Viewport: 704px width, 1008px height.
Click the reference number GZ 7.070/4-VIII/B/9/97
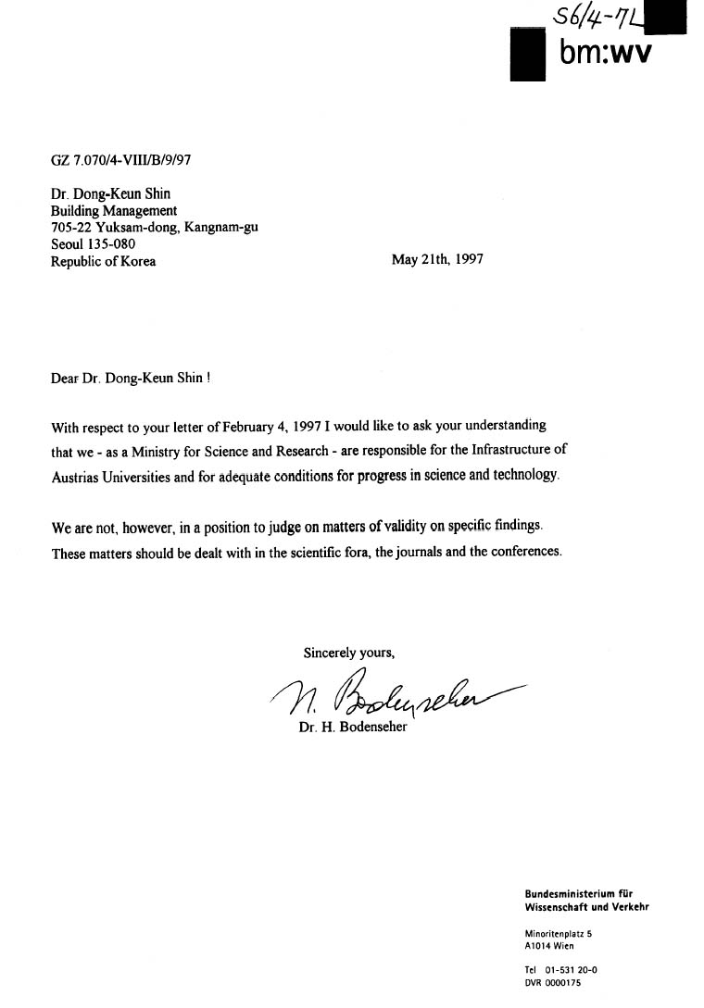click(121, 159)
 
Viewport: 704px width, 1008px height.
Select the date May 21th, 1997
click(437, 260)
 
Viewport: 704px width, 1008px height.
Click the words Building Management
click(114, 210)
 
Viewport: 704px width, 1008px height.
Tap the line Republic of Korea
click(104, 261)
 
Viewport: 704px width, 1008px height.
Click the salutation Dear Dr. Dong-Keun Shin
click(133, 378)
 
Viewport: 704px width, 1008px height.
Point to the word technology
click(526, 475)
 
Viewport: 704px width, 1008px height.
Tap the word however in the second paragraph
click(151, 527)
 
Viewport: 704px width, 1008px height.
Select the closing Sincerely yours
click(349, 653)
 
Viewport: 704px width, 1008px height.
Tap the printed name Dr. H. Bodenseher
click(352, 727)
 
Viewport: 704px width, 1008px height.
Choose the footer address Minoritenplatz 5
click(559, 934)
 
